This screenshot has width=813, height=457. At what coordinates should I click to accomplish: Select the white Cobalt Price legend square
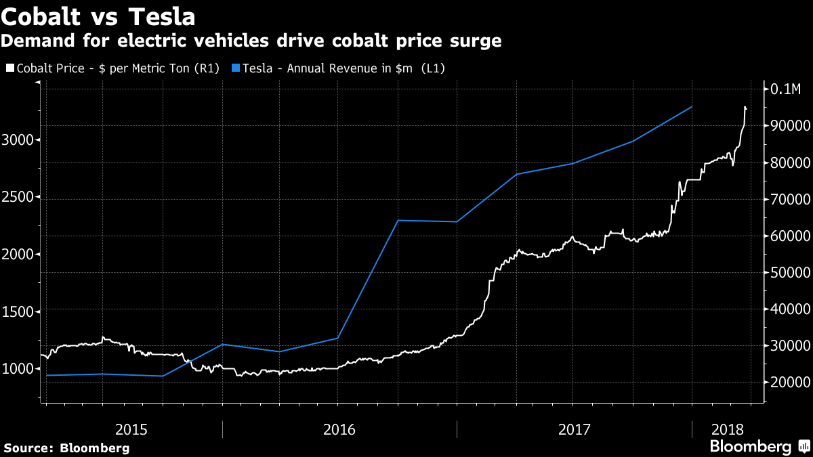pos(9,68)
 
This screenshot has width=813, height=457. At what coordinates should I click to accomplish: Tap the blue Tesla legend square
pos(236,68)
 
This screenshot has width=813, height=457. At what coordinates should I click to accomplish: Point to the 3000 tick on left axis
pos(20,140)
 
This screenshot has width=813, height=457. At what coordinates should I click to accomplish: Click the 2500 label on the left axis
pos(20,198)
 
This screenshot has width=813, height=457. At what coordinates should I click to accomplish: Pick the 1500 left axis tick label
pos(20,311)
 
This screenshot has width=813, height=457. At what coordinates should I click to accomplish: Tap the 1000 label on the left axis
pos(20,368)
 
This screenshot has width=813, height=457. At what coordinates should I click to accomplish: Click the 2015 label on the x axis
pos(131,429)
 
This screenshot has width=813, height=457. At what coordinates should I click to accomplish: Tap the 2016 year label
pos(339,429)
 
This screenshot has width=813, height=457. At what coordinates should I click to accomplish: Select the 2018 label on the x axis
pos(728,429)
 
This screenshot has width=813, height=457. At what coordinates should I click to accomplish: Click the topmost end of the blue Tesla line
pos(692,107)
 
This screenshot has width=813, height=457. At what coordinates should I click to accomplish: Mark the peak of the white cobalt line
pos(745,107)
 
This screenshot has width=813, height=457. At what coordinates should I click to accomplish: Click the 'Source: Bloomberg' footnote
pos(66,448)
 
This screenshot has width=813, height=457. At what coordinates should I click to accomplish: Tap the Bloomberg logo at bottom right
pos(759,447)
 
